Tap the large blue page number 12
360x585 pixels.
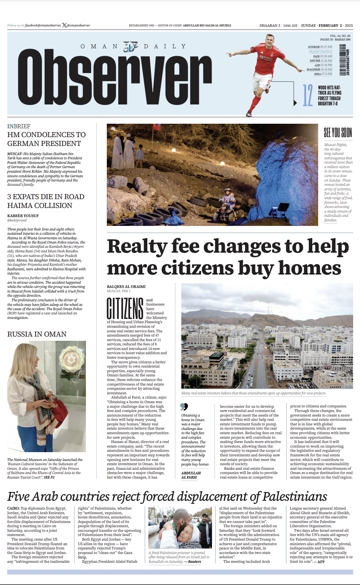click(308, 95)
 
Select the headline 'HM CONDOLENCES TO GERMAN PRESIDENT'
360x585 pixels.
click(46, 139)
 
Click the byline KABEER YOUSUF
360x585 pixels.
click(23, 216)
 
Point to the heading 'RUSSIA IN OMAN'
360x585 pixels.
click(37, 334)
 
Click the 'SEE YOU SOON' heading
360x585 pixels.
click(338, 133)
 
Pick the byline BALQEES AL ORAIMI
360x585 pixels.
click(126, 287)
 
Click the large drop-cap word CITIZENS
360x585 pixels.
click(125, 308)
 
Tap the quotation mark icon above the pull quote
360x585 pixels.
click(184, 407)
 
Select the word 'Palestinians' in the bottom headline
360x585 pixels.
click(295, 497)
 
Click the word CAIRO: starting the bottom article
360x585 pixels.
click(13, 508)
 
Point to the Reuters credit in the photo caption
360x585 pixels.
click(194, 561)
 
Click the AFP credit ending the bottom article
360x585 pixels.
click(321, 562)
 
